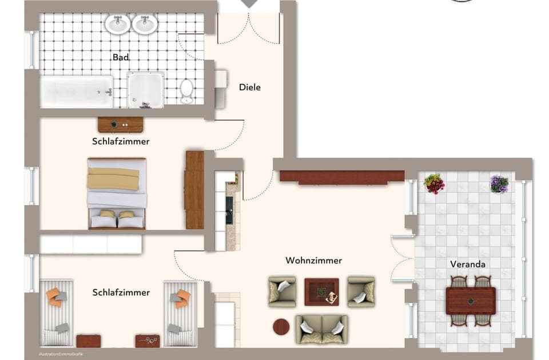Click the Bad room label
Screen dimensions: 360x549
click(x=120, y=57)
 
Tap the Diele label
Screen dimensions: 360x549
click(x=250, y=88)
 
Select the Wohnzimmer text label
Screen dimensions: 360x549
click(x=313, y=261)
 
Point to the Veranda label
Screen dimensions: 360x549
click(x=468, y=264)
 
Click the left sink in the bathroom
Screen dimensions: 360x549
click(x=117, y=24)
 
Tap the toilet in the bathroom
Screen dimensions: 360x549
click(x=187, y=90)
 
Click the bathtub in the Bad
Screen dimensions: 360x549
click(x=77, y=92)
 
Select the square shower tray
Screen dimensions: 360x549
click(x=146, y=90)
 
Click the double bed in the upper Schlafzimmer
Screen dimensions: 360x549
click(x=117, y=193)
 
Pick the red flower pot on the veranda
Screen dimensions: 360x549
click(x=434, y=184)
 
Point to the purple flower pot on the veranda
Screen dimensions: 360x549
click(x=499, y=184)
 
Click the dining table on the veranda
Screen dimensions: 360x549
click(x=471, y=301)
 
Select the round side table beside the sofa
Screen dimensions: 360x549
click(x=281, y=327)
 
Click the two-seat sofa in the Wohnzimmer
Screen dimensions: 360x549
click(x=321, y=329)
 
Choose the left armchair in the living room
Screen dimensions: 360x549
click(x=283, y=291)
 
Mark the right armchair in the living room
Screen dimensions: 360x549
click(x=361, y=291)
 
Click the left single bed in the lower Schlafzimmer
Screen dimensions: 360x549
click(x=57, y=312)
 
